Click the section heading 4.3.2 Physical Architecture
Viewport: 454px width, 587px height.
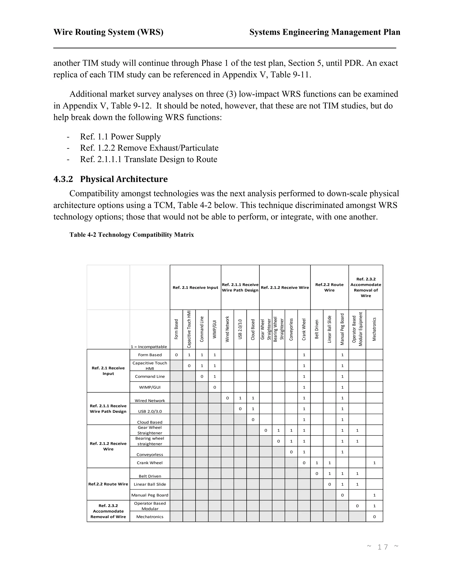[111, 179]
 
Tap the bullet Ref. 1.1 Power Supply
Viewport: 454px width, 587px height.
[120, 137]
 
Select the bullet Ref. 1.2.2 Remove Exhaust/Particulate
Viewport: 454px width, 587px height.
[149, 148]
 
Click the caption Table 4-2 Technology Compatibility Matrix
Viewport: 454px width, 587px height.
[131, 235]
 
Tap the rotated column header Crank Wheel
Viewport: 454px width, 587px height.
[304, 330]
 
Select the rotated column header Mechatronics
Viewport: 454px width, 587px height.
[374, 330]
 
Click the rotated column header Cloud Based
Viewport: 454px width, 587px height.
[253, 330]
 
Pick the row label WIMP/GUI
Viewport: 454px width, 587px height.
[150, 387]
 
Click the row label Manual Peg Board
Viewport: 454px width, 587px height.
[150, 495]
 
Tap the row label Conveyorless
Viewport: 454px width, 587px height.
[150, 455]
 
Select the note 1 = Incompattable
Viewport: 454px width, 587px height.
[149, 347]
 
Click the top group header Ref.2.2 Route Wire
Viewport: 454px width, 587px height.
[329, 287]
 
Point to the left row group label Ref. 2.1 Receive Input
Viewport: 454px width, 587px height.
[108, 371]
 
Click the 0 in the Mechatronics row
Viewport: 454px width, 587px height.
[374, 517]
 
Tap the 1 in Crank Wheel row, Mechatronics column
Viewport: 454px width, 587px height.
[374, 463]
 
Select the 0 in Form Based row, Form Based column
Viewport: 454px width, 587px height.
[176, 355]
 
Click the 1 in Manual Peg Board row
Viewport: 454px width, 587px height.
[374, 495]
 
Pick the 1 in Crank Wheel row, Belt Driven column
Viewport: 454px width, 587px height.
[317, 463]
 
